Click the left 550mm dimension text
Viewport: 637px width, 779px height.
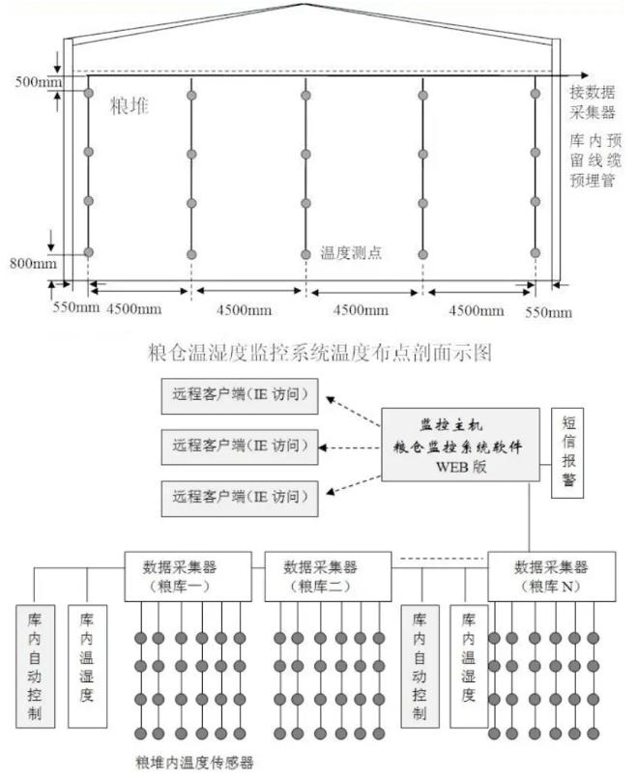75,310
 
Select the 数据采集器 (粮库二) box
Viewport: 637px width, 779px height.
328,575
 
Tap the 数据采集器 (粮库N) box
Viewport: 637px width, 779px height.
550,575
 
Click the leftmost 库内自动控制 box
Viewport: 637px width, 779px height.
36,667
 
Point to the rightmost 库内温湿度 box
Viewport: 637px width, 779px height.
468,667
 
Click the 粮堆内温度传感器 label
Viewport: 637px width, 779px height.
194,763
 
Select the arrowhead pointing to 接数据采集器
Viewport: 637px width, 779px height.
583,72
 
